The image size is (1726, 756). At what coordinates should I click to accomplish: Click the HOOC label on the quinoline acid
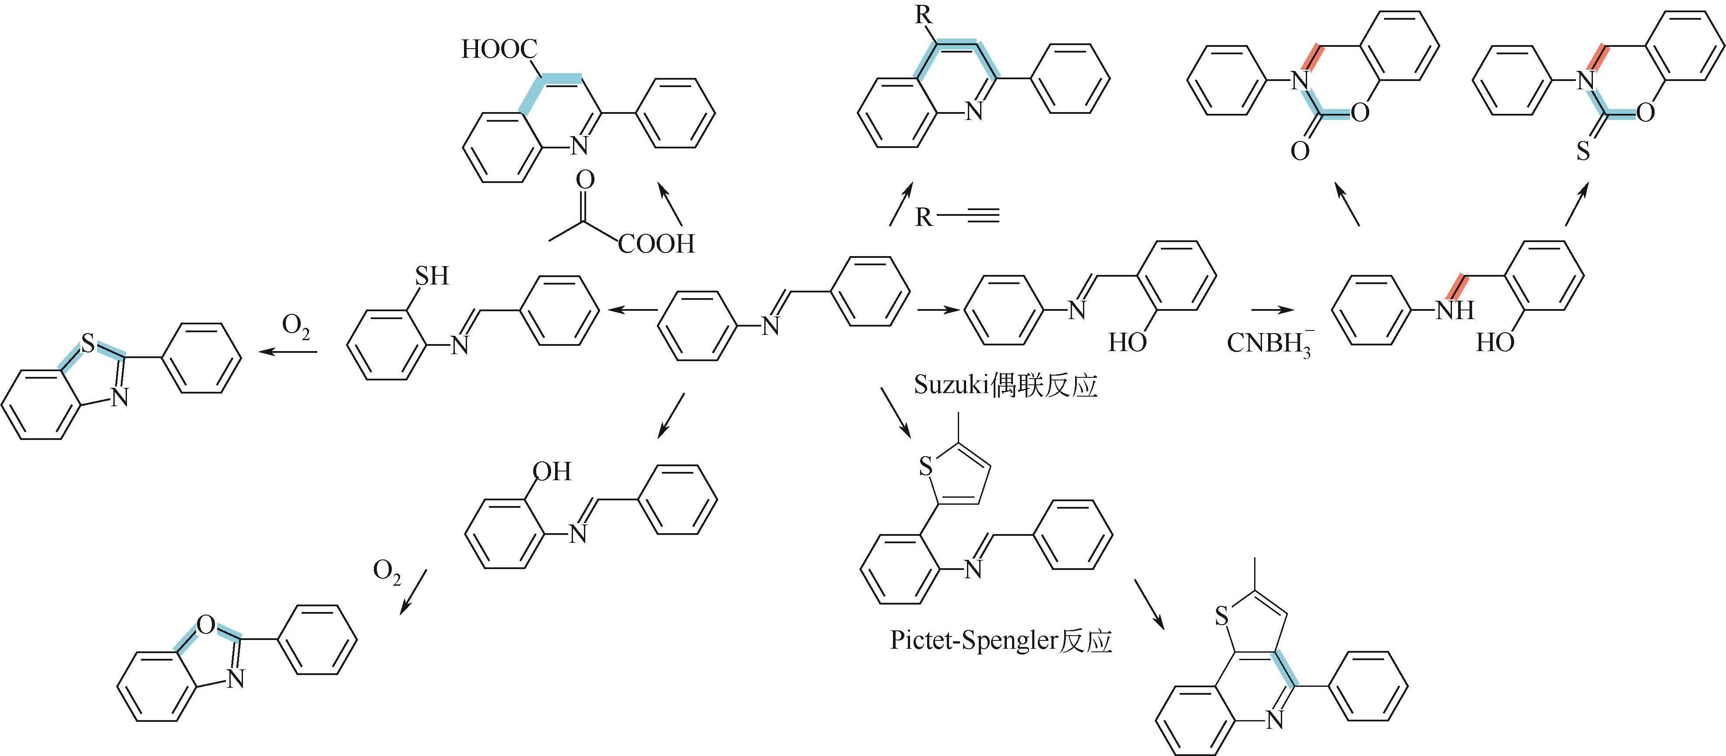point(499,49)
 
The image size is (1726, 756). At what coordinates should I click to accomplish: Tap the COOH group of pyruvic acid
point(657,244)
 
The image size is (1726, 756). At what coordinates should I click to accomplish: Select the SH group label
point(432,275)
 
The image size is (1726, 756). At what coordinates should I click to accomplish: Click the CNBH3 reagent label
point(1269,344)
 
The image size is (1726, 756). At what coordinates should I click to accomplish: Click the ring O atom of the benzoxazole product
point(206,625)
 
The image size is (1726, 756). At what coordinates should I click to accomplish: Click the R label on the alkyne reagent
point(924,217)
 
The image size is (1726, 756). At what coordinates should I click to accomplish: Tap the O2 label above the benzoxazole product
point(387,572)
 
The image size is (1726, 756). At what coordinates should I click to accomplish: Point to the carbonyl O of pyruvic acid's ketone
point(585,179)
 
